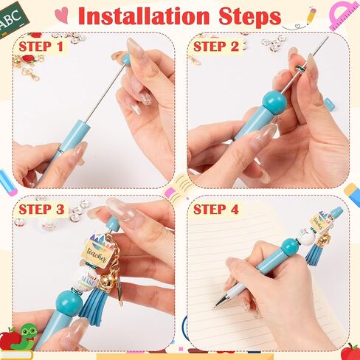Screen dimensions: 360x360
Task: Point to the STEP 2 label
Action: pyautogui.click(x=215, y=46)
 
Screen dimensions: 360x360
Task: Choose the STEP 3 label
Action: pyautogui.click(x=41, y=209)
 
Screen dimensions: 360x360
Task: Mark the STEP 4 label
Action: pyautogui.click(x=215, y=209)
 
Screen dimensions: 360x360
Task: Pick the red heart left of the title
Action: pyautogui.click(x=64, y=13)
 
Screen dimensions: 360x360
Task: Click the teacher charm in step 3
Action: pyautogui.click(x=98, y=253)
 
